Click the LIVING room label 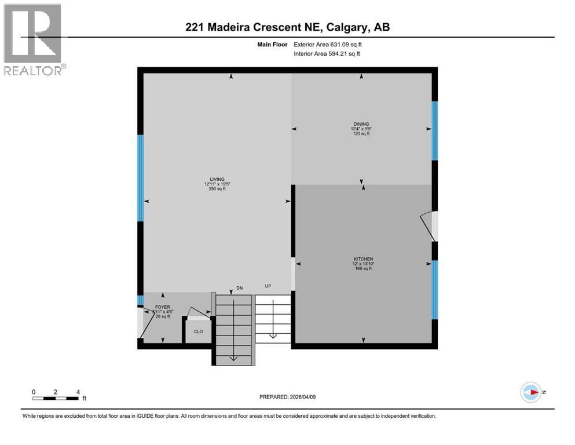click(x=217, y=179)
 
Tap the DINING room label click(x=361, y=123)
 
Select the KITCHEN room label click(x=363, y=259)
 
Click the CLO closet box click(x=197, y=332)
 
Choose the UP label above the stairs click(x=268, y=286)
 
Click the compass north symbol click(x=530, y=392)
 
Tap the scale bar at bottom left click(x=56, y=397)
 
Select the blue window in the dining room click(x=434, y=130)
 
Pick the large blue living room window click(x=140, y=178)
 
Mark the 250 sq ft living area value click(x=217, y=189)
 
